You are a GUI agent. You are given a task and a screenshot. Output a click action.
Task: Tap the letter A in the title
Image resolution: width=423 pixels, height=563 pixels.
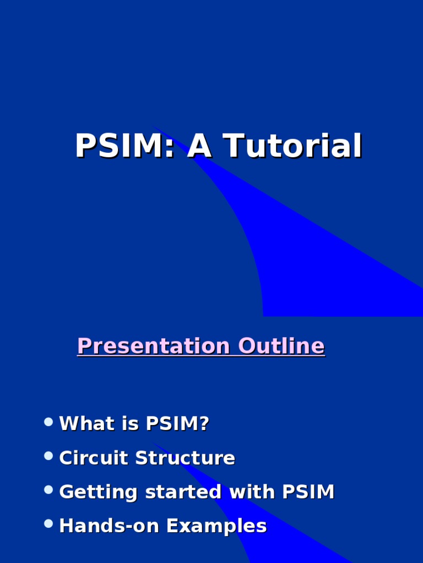199,147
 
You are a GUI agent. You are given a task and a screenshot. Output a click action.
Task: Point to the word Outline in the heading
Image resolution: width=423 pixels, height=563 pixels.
281,346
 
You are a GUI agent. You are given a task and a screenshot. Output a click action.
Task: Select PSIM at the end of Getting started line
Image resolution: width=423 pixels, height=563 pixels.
308,492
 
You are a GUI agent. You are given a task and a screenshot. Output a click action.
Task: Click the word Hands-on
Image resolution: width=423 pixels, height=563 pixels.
109,526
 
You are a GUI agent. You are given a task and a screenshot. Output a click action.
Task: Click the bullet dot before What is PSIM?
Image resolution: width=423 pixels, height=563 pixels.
48,422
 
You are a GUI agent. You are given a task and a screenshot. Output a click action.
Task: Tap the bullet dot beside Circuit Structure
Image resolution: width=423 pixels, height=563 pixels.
48,456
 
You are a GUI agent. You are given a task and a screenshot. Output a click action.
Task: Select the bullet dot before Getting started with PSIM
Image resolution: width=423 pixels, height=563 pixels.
48,490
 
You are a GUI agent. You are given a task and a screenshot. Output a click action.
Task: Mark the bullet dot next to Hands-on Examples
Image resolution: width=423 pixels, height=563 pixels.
48,524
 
